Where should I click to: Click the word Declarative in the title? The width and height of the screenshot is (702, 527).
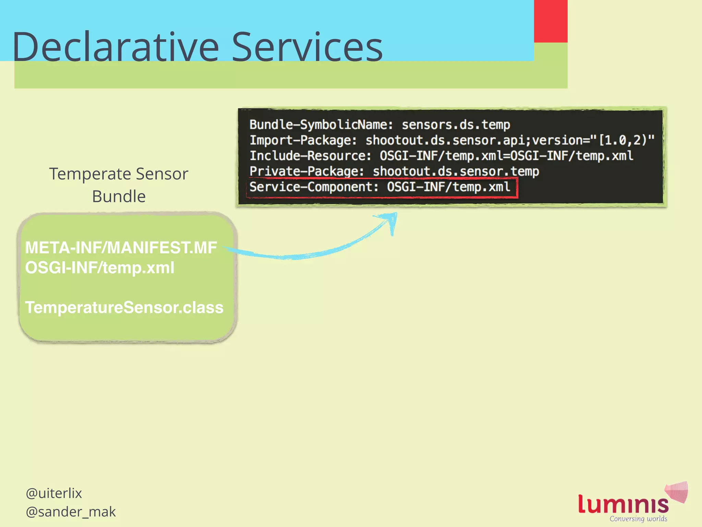click(115, 47)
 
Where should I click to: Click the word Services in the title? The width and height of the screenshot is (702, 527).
click(307, 47)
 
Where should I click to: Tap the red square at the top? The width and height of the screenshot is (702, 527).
click(550, 21)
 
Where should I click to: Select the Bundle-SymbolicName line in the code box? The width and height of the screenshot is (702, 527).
click(379, 125)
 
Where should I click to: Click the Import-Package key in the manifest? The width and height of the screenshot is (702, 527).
click(303, 140)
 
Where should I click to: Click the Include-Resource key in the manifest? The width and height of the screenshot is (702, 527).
click(310, 156)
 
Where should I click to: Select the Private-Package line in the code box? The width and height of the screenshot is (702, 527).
click(394, 171)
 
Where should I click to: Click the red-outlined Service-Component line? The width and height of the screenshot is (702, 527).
click(381, 187)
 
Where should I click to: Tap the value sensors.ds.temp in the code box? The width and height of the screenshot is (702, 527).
click(456, 125)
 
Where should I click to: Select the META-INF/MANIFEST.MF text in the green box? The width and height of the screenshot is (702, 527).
click(121, 248)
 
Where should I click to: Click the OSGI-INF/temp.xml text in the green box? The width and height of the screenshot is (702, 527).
click(100, 268)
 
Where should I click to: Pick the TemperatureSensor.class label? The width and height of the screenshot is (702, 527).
click(124, 307)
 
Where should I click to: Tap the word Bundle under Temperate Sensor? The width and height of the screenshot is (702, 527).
click(119, 197)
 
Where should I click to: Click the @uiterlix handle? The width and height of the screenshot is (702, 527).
click(54, 493)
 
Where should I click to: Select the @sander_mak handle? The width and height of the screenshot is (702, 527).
click(71, 512)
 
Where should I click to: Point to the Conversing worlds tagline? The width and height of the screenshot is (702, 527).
click(638, 519)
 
